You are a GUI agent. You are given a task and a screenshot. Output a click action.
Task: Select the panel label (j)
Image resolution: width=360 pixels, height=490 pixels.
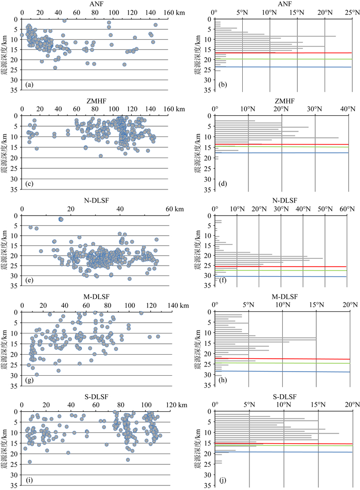coord(222,477)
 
